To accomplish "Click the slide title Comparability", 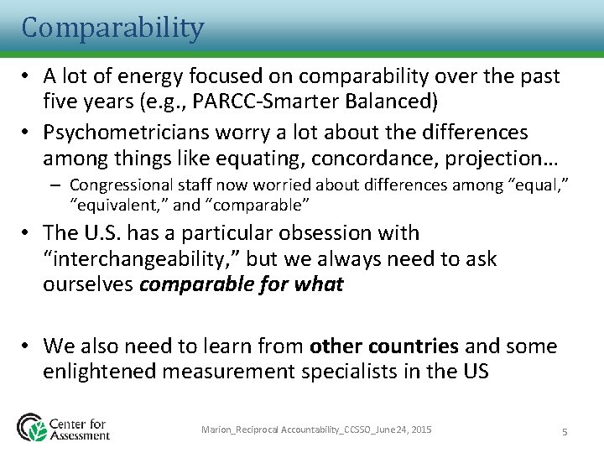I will (112, 28).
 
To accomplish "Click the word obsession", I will (315, 232).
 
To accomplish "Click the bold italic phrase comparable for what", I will (241, 284).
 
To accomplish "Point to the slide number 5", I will (565, 431).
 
